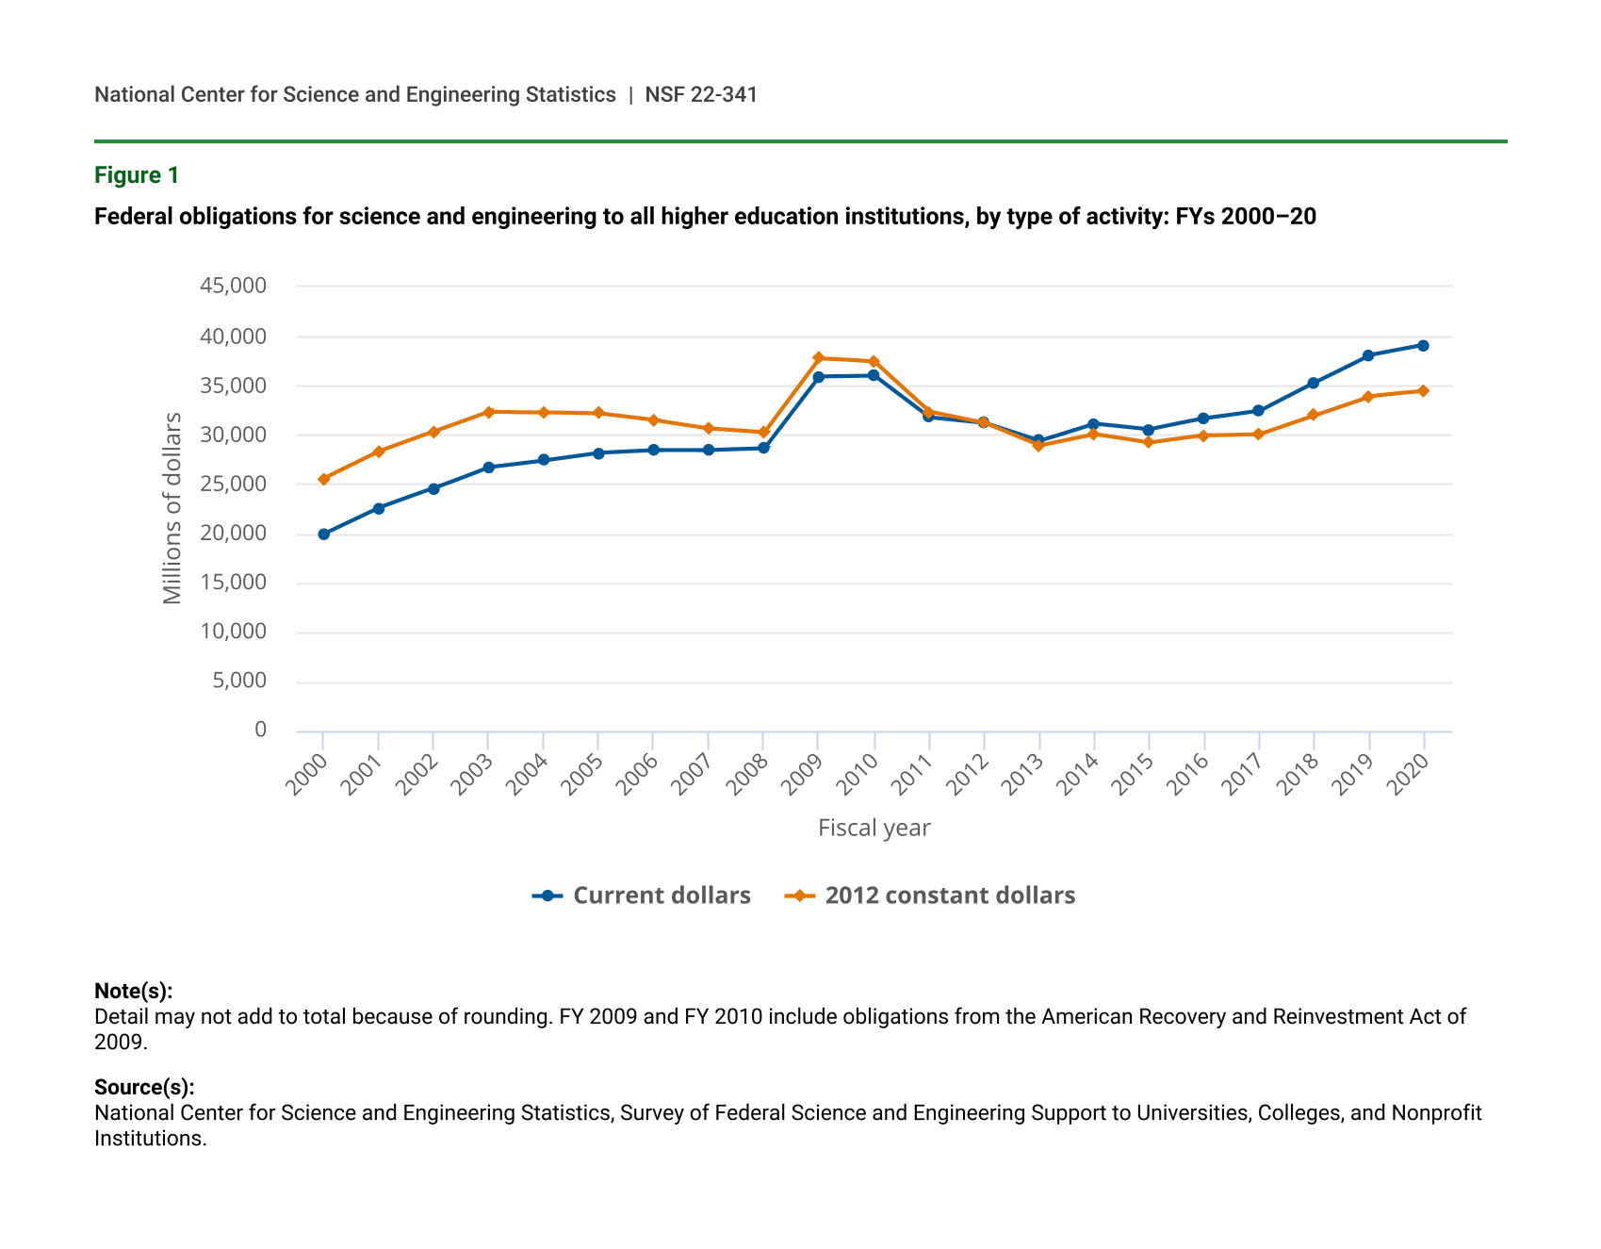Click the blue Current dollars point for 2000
(x=324, y=534)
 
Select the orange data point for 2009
(x=819, y=358)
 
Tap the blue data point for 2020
(x=1423, y=346)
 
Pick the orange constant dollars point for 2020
(x=1423, y=391)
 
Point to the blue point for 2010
(x=874, y=375)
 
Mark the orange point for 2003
(x=489, y=412)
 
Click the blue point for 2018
(x=1314, y=384)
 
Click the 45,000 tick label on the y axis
(x=234, y=286)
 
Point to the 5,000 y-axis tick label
(x=239, y=681)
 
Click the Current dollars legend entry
(x=661, y=896)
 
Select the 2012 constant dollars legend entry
(x=949, y=896)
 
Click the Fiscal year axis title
(x=874, y=828)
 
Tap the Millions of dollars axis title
(x=172, y=508)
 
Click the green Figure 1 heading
(x=137, y=175)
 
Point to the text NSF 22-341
(x=701, y=94)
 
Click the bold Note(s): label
(x=133, y=991)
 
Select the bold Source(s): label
(x=144, y=1087)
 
